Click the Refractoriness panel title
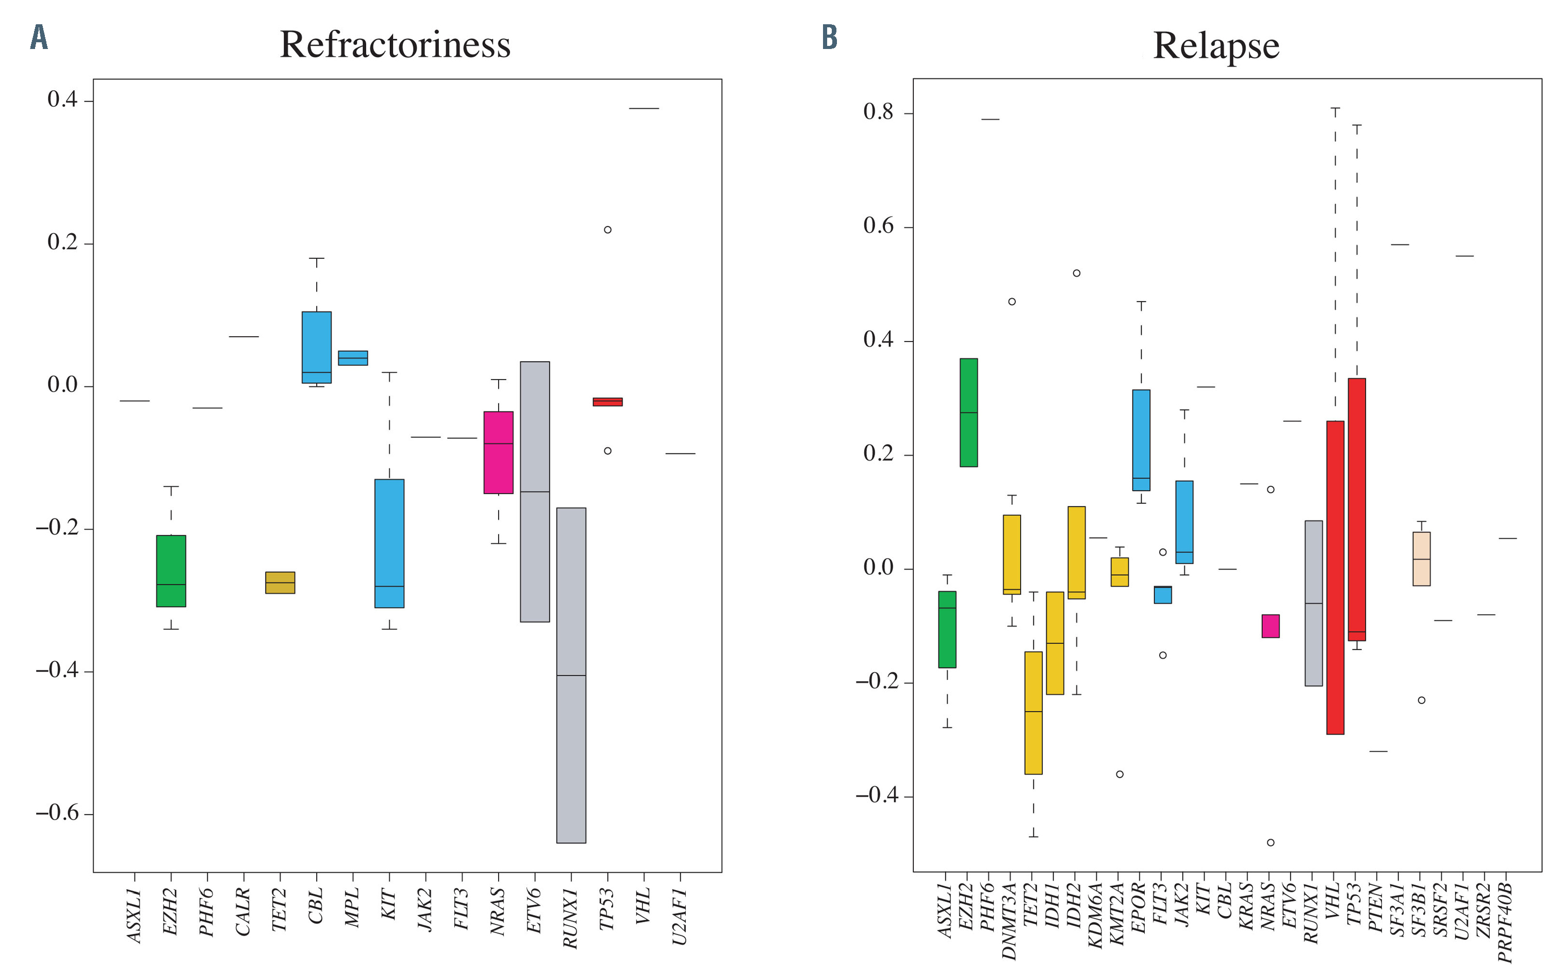pyautogui.click(x=394, y=45)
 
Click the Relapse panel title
pyautogui.click(x=1215, y=45)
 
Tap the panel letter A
pyautogui.click(x=39, y=38)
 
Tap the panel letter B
pyautogui.click(x=829, y=37)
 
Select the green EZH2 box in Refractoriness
pyautogui.click(x=171, y=570)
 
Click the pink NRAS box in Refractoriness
pyautogui.click(x=498, y=452)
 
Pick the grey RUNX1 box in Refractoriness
pyautogui.click(x=571, y=675)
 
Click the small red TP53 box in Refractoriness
pyautogui.click(x=607, y=402)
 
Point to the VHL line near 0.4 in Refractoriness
pyautogui.click(x=644, y=108)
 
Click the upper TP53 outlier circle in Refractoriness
pyautogui.click(x=607, y=230)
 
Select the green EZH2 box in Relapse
pyautogui.click(x=968, y=412)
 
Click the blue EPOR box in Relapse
pyautogui.click(x=1141, y=440)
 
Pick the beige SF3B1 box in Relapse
pyautogui.click(x=1421, y=559)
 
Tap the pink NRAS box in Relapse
pyautogui.click(x=1270, y=626)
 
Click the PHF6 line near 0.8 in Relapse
pyautogui.click(x=990, y=119)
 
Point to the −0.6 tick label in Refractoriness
pyautogui.click(x=57, y=813)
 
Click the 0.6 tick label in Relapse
pyautogui.click(x=879, y=226)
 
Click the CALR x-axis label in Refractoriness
pyautogui.click(x=243, y=912)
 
